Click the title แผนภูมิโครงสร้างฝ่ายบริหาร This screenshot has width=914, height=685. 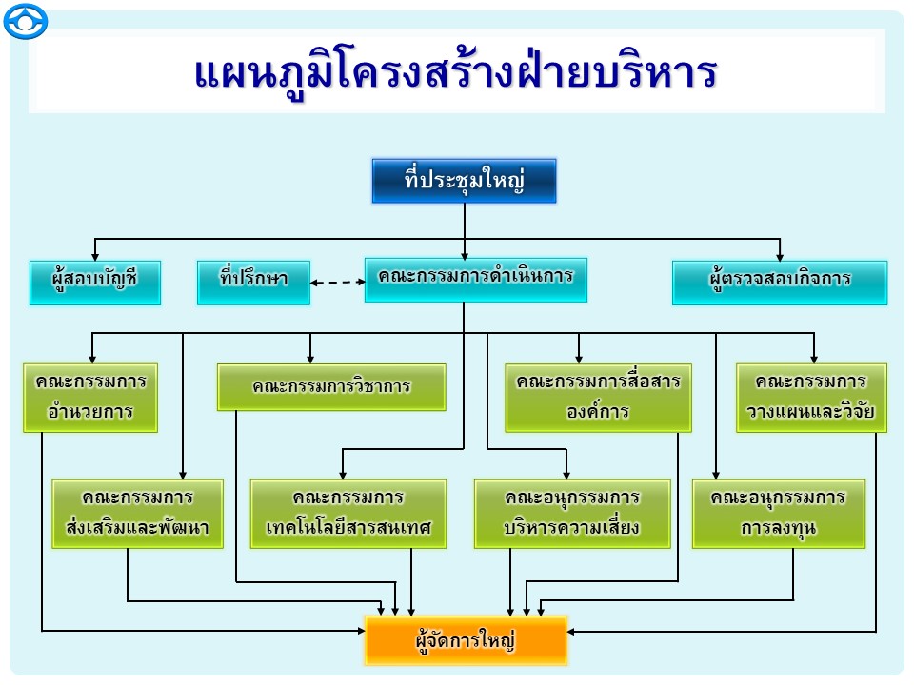pos(455,74)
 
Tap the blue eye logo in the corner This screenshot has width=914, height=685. pos(25,22)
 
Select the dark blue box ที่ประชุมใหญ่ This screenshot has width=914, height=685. pos(464,181)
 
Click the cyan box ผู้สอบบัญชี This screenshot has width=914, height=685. pos(95,282)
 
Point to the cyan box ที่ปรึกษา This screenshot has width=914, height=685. pos(253,282)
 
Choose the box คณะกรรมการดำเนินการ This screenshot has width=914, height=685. pos(475,279)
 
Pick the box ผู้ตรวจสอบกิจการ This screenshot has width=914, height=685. pos(779,282)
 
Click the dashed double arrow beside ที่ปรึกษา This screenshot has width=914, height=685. pos(338,282)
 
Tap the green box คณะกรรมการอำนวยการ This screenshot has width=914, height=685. pos(90,397)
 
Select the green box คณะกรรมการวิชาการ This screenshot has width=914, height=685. pos(331,387)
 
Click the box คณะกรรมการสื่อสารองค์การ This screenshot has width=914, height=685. pos(598,397)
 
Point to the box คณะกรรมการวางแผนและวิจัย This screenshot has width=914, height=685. pos(811,397)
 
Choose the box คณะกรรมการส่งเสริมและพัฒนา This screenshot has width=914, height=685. pos(138,513)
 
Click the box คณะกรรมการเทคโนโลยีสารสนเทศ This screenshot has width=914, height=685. pos(348,513)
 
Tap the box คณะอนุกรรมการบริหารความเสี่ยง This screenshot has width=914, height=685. pos(572,513)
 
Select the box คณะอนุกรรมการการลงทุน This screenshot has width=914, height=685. pos(779,513)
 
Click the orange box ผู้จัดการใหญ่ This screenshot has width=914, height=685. pos(466,640)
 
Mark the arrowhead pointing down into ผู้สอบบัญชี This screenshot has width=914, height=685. pos(94,255)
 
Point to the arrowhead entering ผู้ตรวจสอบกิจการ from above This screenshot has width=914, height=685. pos(780,255)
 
